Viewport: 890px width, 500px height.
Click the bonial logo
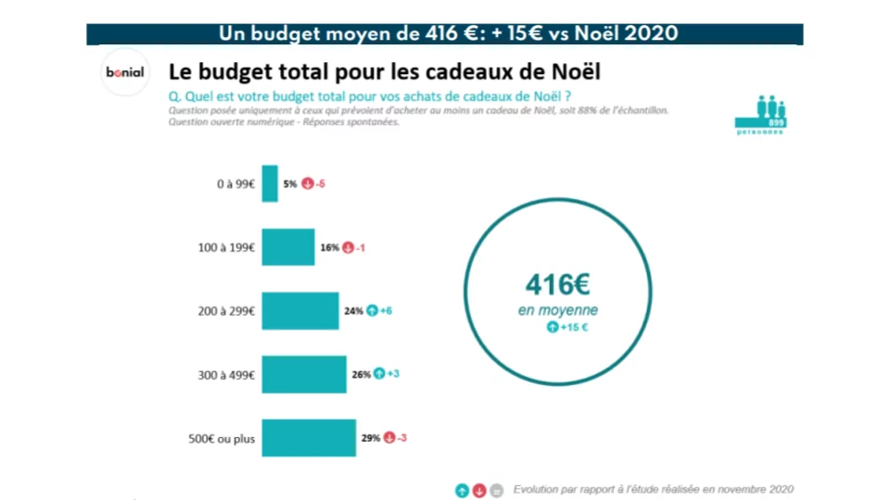pos(124,73)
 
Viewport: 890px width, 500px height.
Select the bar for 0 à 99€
pos(270,183)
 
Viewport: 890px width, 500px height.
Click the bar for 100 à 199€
pos(288,247)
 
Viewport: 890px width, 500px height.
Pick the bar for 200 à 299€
pos(300,311)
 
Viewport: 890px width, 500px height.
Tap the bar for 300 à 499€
pos(304,374)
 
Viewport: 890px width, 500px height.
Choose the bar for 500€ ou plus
pos(309,437)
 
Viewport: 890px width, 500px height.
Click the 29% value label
pos(371,437)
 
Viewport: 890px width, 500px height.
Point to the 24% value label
pos(353,311)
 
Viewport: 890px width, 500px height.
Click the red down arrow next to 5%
pos(307,184)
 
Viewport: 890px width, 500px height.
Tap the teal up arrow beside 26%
pos(379,374)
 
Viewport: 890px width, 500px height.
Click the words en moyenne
pos(558,310)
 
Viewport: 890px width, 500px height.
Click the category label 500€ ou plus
pos(222,438)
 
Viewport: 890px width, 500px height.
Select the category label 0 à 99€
pos(235,184)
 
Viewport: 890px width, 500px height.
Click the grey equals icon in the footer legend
pos(497,490)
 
